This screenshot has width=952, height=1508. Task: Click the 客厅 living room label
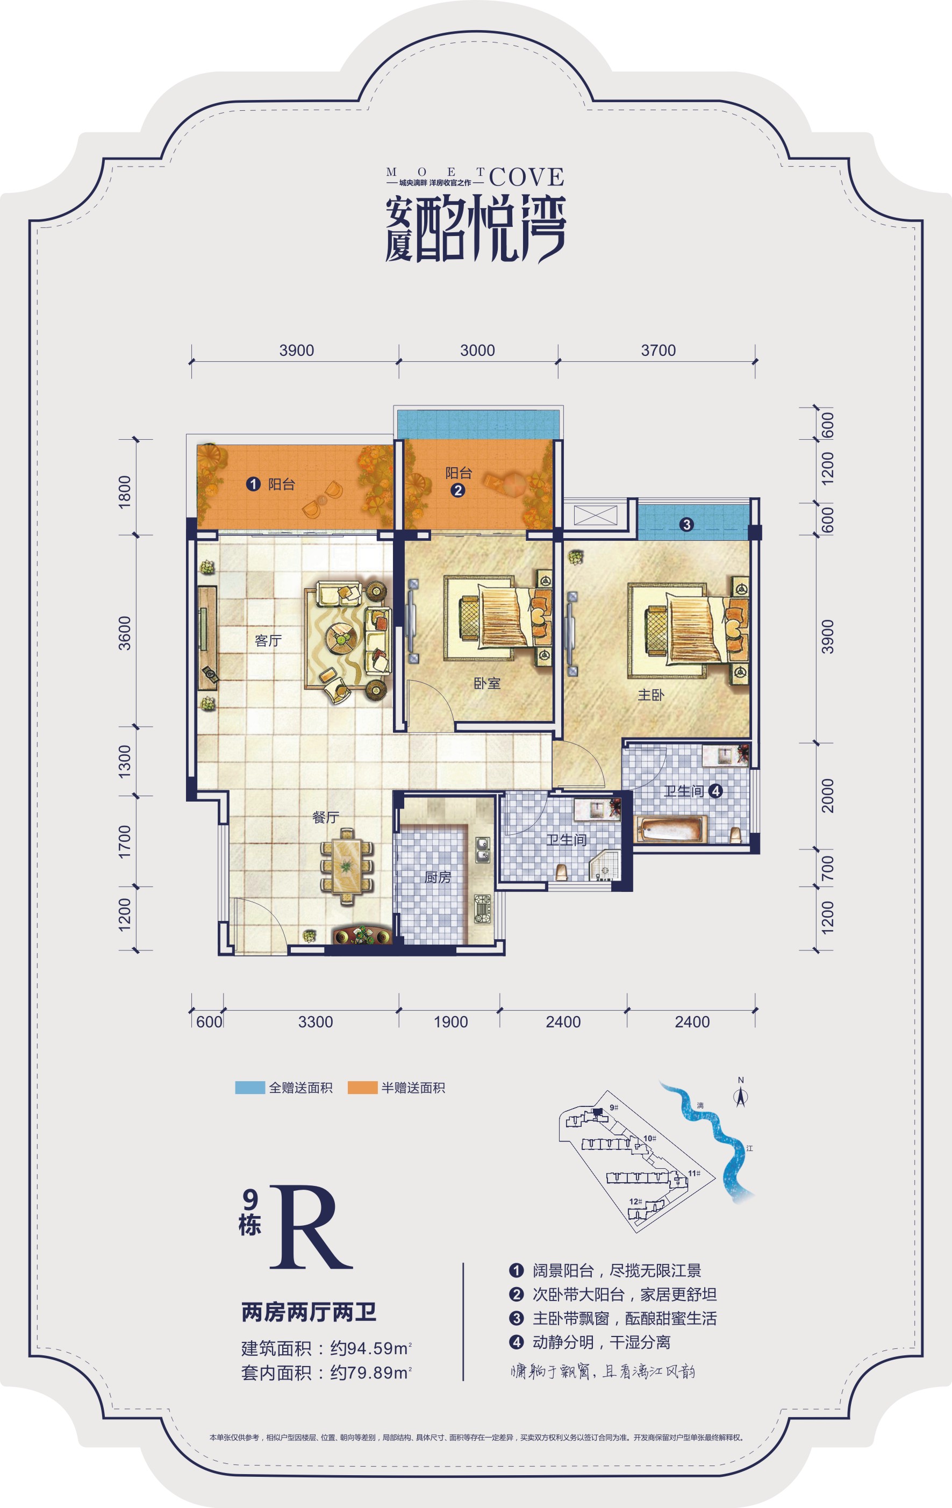click(268, 641)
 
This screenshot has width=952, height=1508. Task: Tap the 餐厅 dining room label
click(326, 817)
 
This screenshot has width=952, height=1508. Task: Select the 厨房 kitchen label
click(438, 877)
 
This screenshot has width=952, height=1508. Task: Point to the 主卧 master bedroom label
click(651, 695)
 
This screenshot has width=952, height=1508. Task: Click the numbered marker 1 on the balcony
click(253, 484)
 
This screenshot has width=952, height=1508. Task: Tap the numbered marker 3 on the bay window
click(686, 524)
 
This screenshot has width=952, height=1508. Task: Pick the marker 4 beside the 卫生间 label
click(715, 791)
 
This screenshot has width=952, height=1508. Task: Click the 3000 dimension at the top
click(477, 351)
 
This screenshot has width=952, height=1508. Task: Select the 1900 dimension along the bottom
click(451, 1022)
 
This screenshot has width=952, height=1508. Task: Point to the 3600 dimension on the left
click(125, 633)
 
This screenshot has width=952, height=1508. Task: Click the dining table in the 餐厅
click(346, 867)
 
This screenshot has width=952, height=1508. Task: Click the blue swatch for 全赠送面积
click(250, 1088)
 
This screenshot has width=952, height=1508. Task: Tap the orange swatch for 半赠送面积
click(363, 1088)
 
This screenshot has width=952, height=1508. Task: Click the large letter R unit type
click(311, 1228)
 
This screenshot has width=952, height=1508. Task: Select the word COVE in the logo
click(527, 178)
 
